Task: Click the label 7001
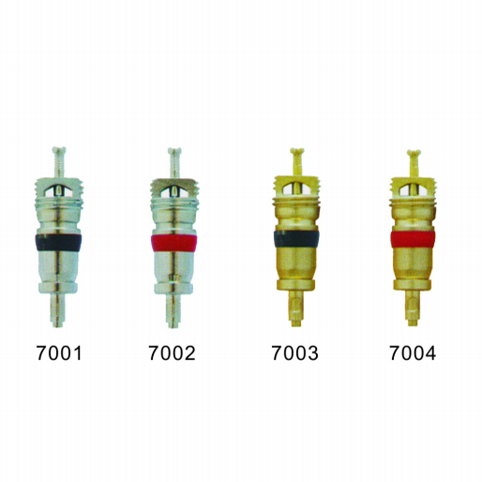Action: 59,353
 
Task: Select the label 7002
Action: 172,353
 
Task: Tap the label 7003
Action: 294,353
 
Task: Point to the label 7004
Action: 413,353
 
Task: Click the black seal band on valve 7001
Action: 58,242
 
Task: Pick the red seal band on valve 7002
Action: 174,243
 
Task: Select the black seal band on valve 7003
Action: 296,239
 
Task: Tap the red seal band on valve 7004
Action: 413,239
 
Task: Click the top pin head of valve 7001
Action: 59,150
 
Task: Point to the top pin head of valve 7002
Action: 174,151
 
